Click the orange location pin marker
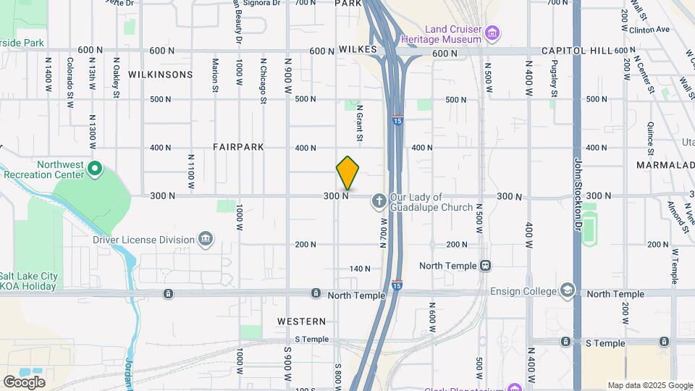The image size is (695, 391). (x=347, y=173)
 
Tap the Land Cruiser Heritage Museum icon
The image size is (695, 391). (x=493, y=32)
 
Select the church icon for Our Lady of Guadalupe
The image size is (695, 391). (x=379, y=201)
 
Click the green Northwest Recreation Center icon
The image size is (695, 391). (x=94, y=170)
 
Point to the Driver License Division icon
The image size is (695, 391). (x=206, y=240)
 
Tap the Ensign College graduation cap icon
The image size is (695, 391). (x=568, y=292)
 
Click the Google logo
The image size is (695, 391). (x=24, y=382)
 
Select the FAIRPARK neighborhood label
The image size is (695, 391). (x=238, y=147)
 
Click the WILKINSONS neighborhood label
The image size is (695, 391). (x=161, y=75)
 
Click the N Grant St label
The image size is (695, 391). (x=359, y=122)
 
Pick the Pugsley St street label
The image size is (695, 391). (x=554, y=80)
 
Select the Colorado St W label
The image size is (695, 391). (x=70, y=83)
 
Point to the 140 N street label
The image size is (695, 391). (x=360, y=269)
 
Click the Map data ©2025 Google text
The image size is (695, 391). (x=649, y=385)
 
